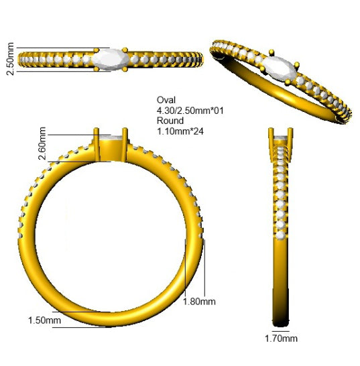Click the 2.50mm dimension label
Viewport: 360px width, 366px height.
10,59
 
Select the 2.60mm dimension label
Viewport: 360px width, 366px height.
42,143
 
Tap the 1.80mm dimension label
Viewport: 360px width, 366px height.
199,302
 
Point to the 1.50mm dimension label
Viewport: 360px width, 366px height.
44,320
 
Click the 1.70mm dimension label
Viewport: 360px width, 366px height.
281,339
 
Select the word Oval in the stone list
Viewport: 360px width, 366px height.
166,100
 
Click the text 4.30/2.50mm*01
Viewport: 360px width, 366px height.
190,111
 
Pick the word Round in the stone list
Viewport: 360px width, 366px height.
170,121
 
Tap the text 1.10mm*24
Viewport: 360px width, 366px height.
180,131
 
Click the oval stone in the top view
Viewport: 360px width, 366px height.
111,59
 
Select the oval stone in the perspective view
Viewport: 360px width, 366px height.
280,68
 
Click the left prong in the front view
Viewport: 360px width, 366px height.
96,145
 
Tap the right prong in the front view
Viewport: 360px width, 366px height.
125,145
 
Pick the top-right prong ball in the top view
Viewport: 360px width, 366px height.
125,50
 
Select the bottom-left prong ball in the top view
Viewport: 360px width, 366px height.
96,69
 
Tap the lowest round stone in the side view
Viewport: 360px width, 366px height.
280,235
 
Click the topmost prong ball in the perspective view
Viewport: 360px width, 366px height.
272,52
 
